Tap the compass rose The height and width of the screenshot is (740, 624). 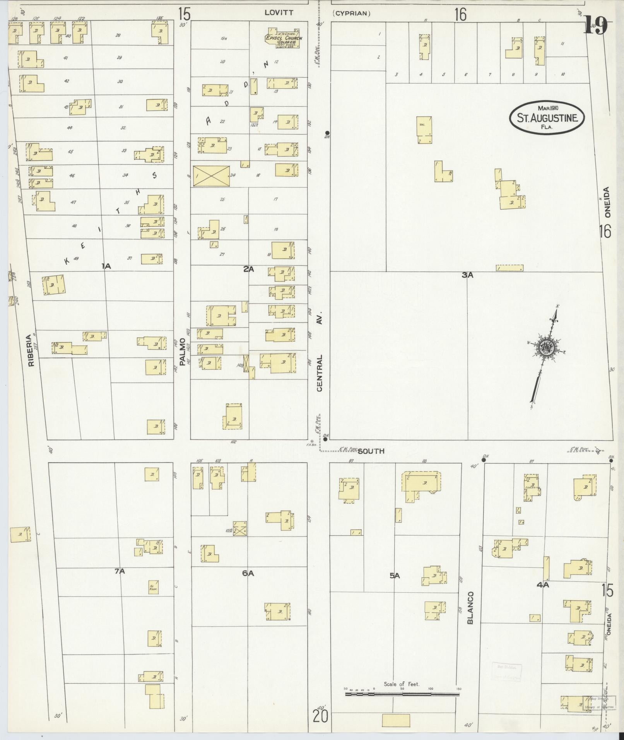point(546,346)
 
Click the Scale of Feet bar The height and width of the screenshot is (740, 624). point(402,694)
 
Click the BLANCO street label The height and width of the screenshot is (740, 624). point(470,608)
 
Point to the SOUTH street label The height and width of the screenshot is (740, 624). point(371,451)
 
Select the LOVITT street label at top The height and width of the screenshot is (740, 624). point(279,13)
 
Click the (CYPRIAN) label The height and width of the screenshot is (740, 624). point(351,14)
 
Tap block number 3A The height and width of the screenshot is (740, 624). point(467,275)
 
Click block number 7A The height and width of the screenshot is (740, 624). point(120,571)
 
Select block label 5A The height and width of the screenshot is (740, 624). point(394,576)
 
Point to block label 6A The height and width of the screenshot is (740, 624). point(248,573)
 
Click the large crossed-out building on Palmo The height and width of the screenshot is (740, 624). point(211,177)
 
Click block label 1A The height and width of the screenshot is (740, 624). point(106,266)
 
